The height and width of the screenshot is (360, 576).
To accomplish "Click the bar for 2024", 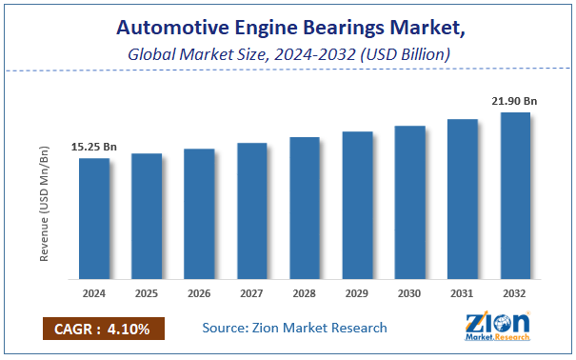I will [x=94, y=219].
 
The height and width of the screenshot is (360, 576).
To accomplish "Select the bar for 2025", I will [x=147, y=217].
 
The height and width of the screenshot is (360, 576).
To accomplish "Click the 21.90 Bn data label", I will [x=514, y=101].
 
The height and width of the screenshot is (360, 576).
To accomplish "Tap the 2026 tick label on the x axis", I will [x=199, y=294].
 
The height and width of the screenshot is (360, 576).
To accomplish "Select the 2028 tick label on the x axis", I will [x=305, y=294].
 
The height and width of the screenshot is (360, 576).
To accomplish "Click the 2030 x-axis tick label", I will [x=409, y=294].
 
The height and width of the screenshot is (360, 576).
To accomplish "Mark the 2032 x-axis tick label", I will [x=515, y=294].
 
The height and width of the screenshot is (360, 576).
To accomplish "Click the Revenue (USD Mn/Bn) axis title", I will [x=45, y=203].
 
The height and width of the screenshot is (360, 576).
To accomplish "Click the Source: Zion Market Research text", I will [x=294, y=328].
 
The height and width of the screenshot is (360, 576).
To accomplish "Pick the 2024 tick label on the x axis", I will [x=94, y=294].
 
